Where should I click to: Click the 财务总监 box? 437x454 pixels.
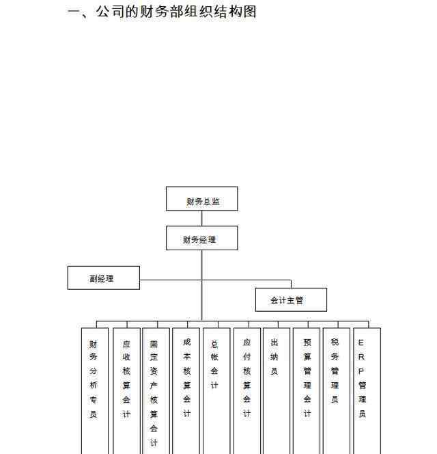pos(202,198)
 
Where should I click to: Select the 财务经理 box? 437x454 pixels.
pos(202,238)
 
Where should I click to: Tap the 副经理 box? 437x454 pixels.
pos(104,278)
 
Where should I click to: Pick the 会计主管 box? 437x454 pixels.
pos(292,299)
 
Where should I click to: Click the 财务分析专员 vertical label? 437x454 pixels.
pos(93,379)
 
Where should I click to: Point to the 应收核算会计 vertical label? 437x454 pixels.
pos(126,379)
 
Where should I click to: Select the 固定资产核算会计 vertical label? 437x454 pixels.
pos(154,393)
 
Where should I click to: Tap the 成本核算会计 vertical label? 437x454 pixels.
pos(187,378)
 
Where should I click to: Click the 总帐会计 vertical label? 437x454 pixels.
pos(214,364)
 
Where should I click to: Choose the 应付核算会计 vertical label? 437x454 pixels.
pos(246,378)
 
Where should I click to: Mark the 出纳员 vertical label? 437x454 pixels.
pos(274,357)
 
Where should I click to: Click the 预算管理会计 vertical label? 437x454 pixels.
pos(307,378)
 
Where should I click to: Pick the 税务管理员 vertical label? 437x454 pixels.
pos(335,371)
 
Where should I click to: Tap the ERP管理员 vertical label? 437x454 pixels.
pos(362,378)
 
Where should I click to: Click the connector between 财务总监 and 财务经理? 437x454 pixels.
pos(202,218)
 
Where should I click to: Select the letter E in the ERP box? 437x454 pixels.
pos(361,343)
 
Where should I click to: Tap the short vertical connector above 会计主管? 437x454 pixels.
pos(292,284)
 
